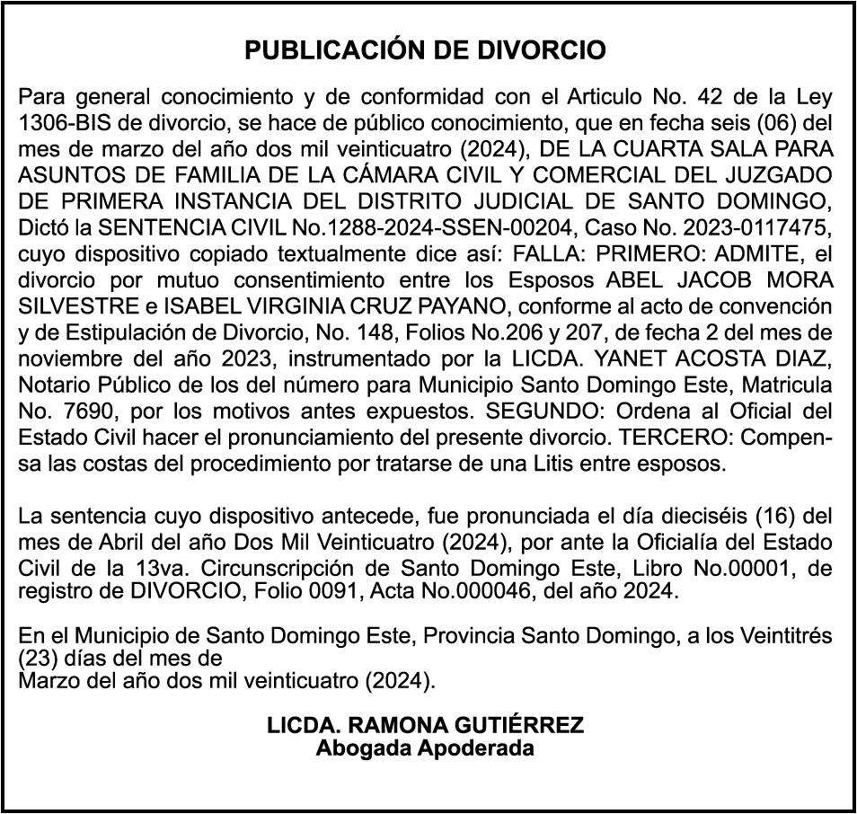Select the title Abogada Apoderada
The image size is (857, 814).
(425, 748)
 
